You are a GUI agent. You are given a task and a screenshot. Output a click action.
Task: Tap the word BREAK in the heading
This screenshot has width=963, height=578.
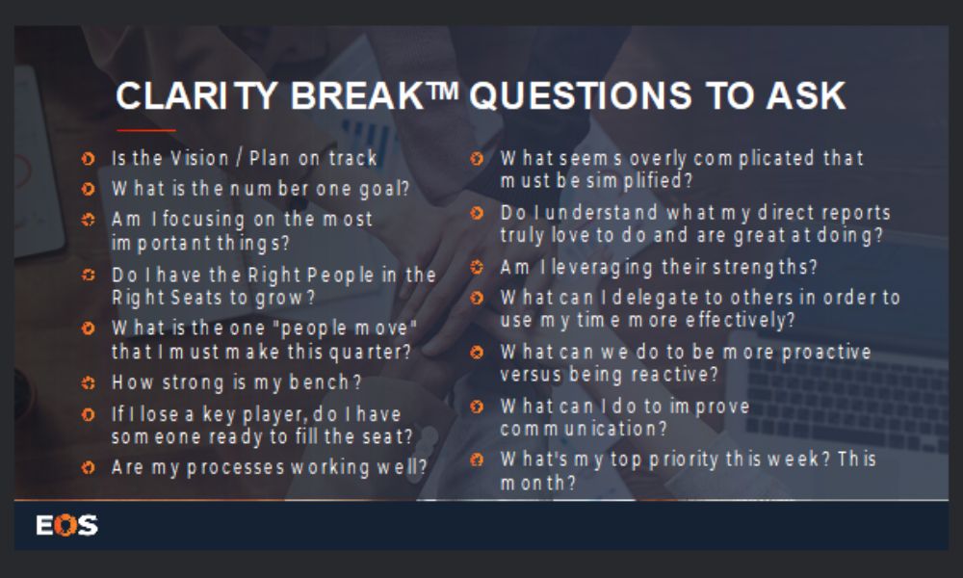pyautogui.click(x=357, y=95)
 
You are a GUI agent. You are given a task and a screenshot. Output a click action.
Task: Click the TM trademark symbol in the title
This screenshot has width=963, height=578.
pyautogui.click(x=442, y=91)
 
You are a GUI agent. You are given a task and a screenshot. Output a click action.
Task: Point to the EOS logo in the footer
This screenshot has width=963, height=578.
pyautogui.click(x=67, y=525)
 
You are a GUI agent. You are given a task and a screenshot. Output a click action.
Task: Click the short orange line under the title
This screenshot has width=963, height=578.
pyautogui.click(x=146, y=130)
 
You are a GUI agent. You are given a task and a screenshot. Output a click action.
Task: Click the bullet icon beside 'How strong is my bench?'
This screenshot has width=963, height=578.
pyautogui.click(x=88, y=383)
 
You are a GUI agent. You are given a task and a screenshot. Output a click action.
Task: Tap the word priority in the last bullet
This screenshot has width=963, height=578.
pyautogui.click(x=684, y=460)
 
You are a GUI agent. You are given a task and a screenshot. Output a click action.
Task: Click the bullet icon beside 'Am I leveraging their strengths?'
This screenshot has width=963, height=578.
pyautogui.click(x=477, y=267)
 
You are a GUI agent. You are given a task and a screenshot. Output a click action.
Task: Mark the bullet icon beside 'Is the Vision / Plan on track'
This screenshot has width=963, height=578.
pyautogui.click(x=88, y=159)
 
